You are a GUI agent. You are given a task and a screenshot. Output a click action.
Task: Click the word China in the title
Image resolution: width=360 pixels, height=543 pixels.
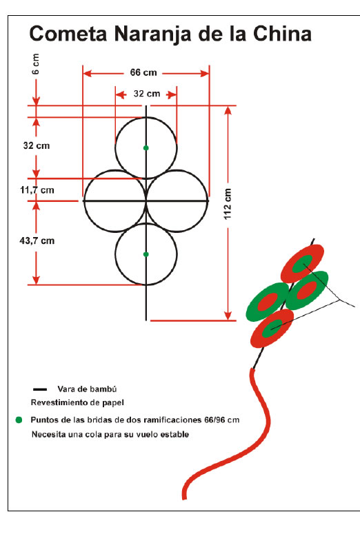(x=282, y=34)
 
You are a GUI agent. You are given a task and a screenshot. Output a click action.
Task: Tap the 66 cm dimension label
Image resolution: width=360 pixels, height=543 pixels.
(x=143, y=72)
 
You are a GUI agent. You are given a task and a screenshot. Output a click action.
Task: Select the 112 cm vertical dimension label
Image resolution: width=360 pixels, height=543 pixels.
(x=228, y=204)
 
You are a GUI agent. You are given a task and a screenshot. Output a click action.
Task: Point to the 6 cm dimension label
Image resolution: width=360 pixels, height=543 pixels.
(x=35, y=63)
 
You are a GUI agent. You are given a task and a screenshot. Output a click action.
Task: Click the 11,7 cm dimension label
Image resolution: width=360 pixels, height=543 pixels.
(x=37, y=190)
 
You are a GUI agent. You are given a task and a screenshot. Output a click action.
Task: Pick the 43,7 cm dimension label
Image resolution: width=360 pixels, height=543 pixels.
(x=37, y=240)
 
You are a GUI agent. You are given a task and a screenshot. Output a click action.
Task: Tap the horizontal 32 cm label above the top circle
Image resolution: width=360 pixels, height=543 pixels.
(x=147, y=94)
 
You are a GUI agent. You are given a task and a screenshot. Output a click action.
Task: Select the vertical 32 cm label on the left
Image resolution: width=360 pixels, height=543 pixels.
(x=37, y=146)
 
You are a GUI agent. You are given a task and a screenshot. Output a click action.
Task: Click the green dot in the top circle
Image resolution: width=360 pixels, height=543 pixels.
(x=146, y=148)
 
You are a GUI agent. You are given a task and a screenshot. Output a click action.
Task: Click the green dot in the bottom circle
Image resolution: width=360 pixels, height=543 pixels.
(x=146, y=254)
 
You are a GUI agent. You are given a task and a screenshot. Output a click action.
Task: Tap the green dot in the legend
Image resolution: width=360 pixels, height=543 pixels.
(x=19, y=420)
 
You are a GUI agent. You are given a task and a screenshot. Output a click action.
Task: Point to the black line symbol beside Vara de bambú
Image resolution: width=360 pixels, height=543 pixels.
(x=40, y=389)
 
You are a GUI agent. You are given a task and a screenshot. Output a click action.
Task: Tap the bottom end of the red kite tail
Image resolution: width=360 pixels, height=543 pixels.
(x=184, y=498)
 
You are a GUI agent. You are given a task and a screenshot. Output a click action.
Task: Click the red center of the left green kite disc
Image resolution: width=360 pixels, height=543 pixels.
(x=268, y=302)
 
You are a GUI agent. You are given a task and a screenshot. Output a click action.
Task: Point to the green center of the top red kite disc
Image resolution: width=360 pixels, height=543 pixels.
(x=303, y=263)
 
